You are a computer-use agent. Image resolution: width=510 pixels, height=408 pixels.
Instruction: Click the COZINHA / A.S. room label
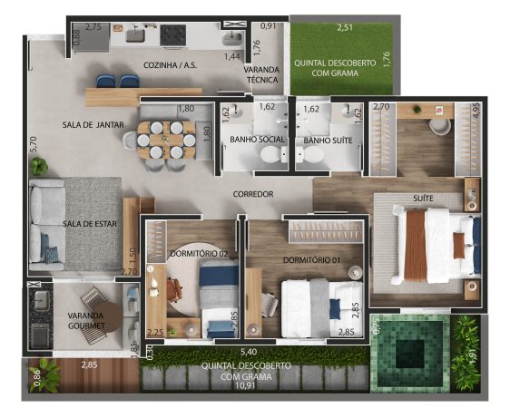coord(170,65)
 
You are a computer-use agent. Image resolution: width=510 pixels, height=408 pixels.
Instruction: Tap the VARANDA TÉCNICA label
coord(262,74)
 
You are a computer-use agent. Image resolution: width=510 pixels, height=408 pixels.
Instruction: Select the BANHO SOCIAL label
coord(257,140)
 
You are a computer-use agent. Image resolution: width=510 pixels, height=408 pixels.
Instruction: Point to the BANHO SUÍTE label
coord(328,141)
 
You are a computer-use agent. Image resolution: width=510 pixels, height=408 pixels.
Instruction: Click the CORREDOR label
coord(253,194)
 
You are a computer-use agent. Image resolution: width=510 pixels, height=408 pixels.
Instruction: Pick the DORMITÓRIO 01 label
coord(311,260)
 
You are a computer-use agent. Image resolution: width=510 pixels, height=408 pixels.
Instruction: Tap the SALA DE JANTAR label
coord(93,125)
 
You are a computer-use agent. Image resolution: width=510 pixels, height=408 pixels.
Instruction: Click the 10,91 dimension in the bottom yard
coord(246,385)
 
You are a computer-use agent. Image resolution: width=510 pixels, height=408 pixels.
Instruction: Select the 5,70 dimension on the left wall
coord(35,144)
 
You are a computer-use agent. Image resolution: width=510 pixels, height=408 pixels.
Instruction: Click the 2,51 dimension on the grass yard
coord(345,27)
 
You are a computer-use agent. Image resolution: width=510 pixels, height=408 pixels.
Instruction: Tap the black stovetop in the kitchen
coord(173,35)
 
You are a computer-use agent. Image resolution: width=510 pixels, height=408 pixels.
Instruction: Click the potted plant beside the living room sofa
coord(39,166)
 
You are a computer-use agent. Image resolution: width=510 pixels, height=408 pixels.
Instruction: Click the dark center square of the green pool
coord(410,354)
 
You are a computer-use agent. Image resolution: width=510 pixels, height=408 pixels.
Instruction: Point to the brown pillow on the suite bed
coord(459,246)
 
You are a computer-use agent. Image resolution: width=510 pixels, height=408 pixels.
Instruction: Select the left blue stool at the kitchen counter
coord(106,82)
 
